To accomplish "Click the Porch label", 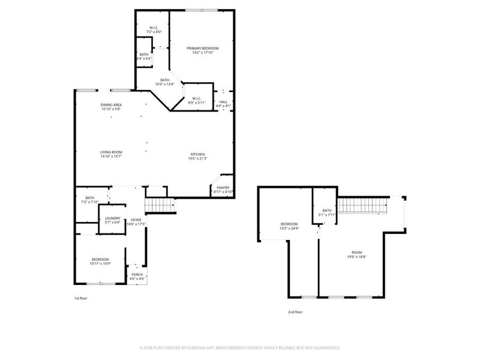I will click(x=137, y=277).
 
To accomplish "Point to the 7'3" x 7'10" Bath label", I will click(x=90, y=200).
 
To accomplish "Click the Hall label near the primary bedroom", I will click(x=223, y=104).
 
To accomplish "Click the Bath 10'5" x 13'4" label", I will click(x=164, y=82).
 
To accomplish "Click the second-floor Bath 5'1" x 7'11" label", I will click(x=327, y=212).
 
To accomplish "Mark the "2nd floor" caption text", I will click(x=295, y=312).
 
